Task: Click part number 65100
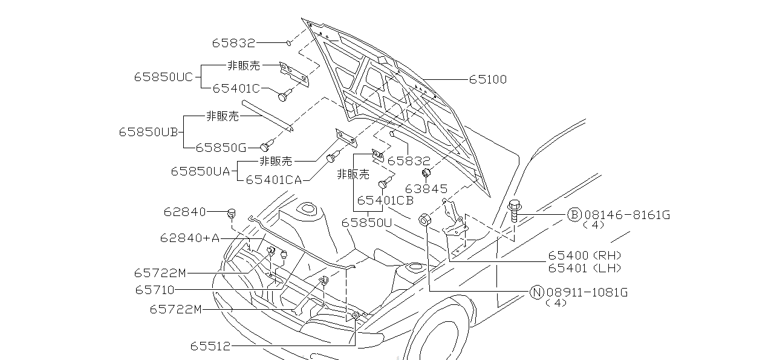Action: click(487, 79)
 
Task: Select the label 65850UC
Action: click(163, 77)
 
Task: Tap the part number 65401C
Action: click(236, 88)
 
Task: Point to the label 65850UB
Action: click(148, 132)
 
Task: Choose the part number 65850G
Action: click(221, 146)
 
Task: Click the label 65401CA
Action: click(274, 179)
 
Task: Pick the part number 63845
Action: click(426, 189)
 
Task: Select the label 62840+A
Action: click(190, 238)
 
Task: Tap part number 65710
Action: click(155, 290)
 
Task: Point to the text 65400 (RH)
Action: click(585, 256)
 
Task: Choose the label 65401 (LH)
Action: click(585, 268)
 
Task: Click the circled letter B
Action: click(574, 215)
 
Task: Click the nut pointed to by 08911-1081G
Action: click(424, 218)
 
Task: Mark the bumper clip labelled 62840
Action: click(231, 212)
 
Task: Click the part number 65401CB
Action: click(385, 200)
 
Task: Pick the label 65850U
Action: click(367, 223)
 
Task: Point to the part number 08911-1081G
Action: click(587, 293)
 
